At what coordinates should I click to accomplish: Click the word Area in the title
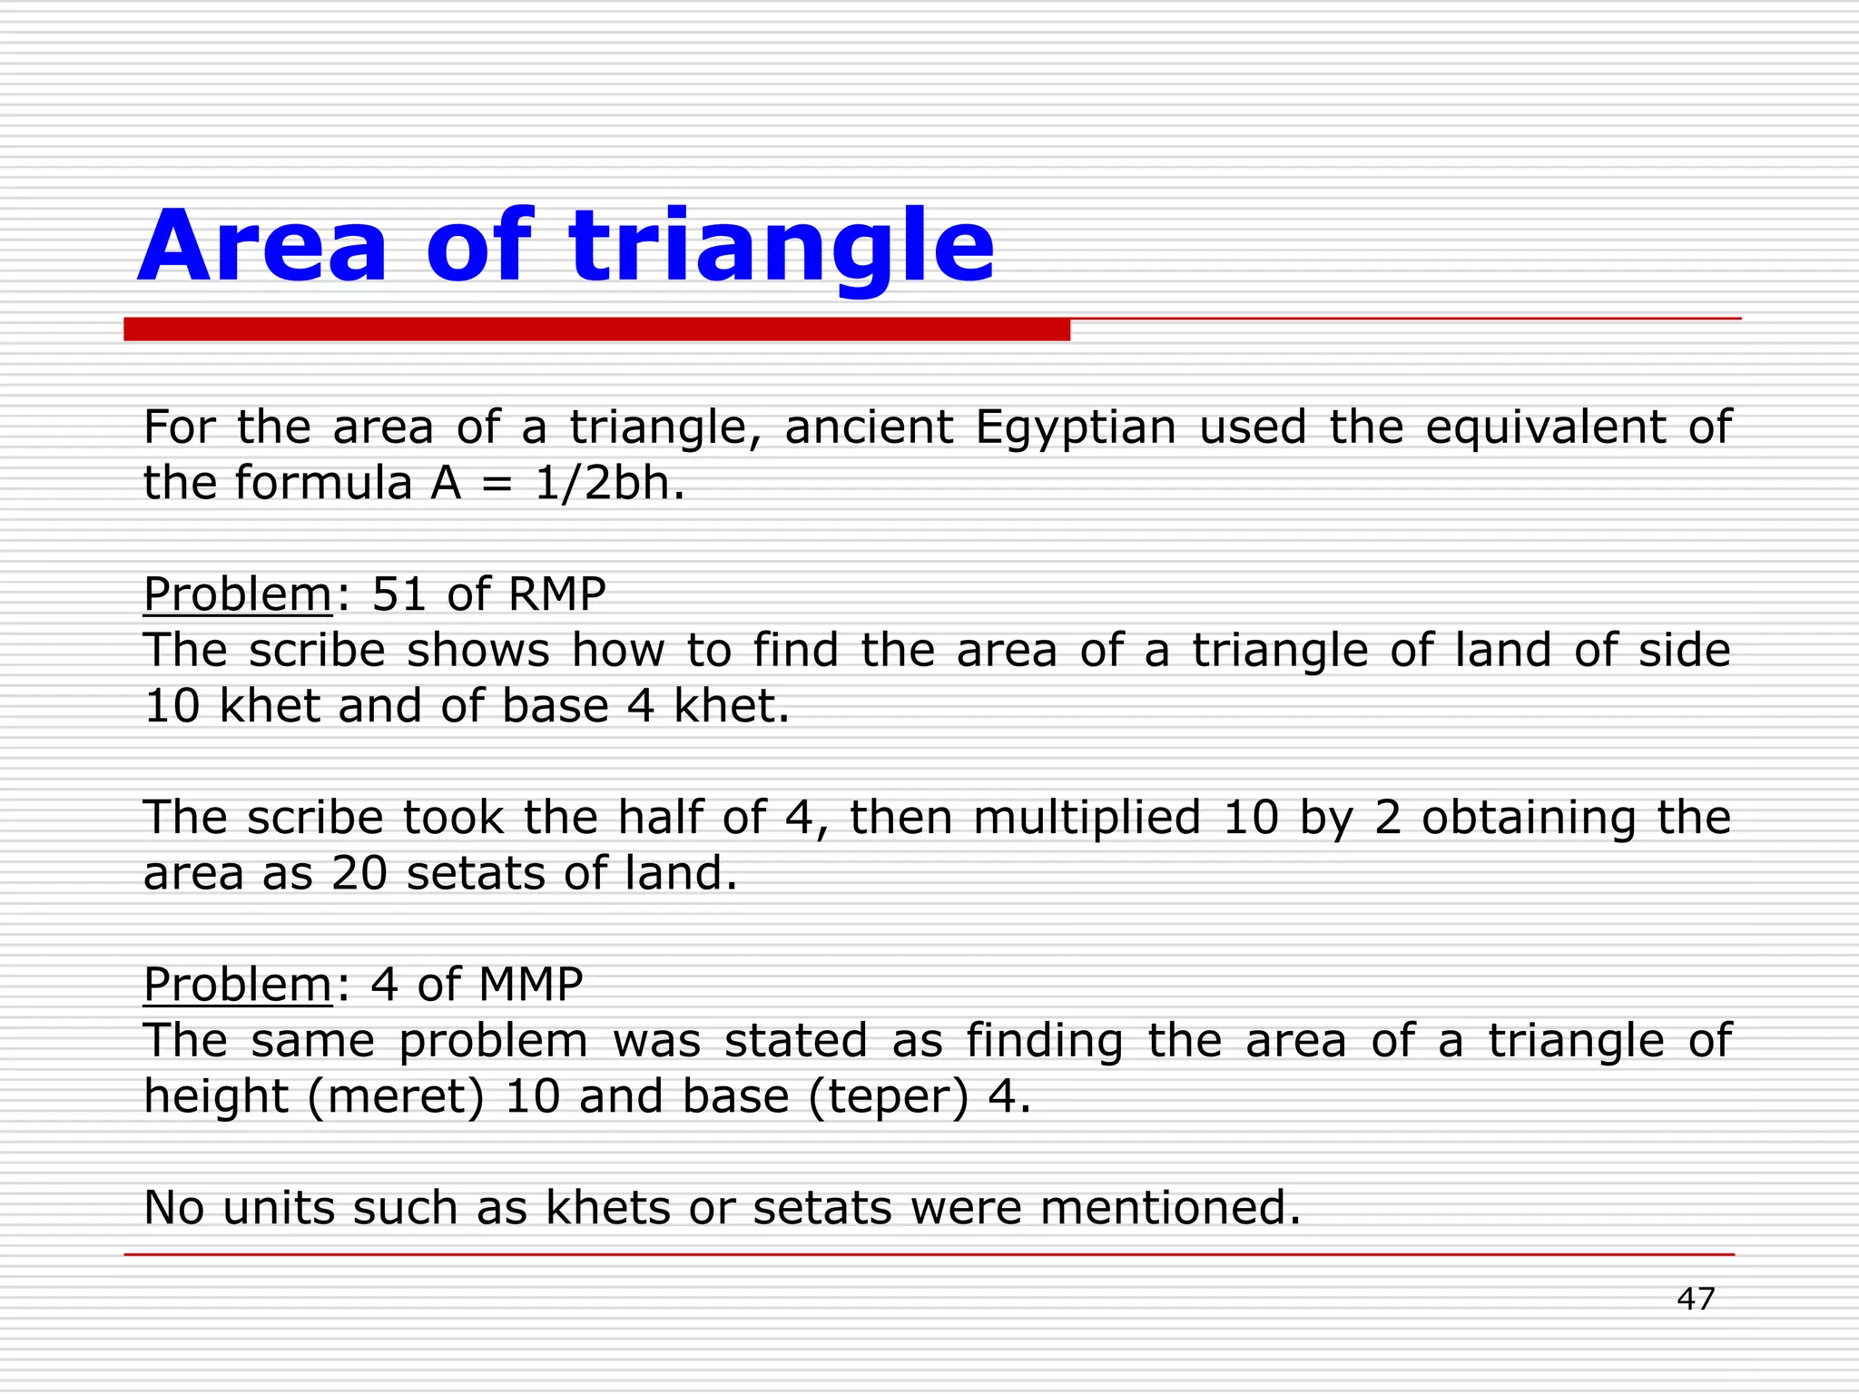pos(263,247)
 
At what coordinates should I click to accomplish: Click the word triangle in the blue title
pos(782,247)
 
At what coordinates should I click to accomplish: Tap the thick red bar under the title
pos(596,329)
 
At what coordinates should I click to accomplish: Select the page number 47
pos(1695,1299)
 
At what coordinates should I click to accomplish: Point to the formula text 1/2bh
pos(609,483)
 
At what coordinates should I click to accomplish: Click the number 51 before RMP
pos(398,594)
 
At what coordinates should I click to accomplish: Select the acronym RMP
pos(556,594)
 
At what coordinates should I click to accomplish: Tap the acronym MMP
pos(531,985)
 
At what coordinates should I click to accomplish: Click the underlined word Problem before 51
pos(238,594)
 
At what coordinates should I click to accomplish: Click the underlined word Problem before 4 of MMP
pos(238,985)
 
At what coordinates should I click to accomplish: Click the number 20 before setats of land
pos(359,873)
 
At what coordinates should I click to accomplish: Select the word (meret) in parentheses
pos(396,1096)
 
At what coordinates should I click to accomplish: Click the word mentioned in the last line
pos(1170,1208)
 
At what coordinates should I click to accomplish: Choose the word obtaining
pos(1529,817)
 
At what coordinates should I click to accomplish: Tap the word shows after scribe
pos(477,650)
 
